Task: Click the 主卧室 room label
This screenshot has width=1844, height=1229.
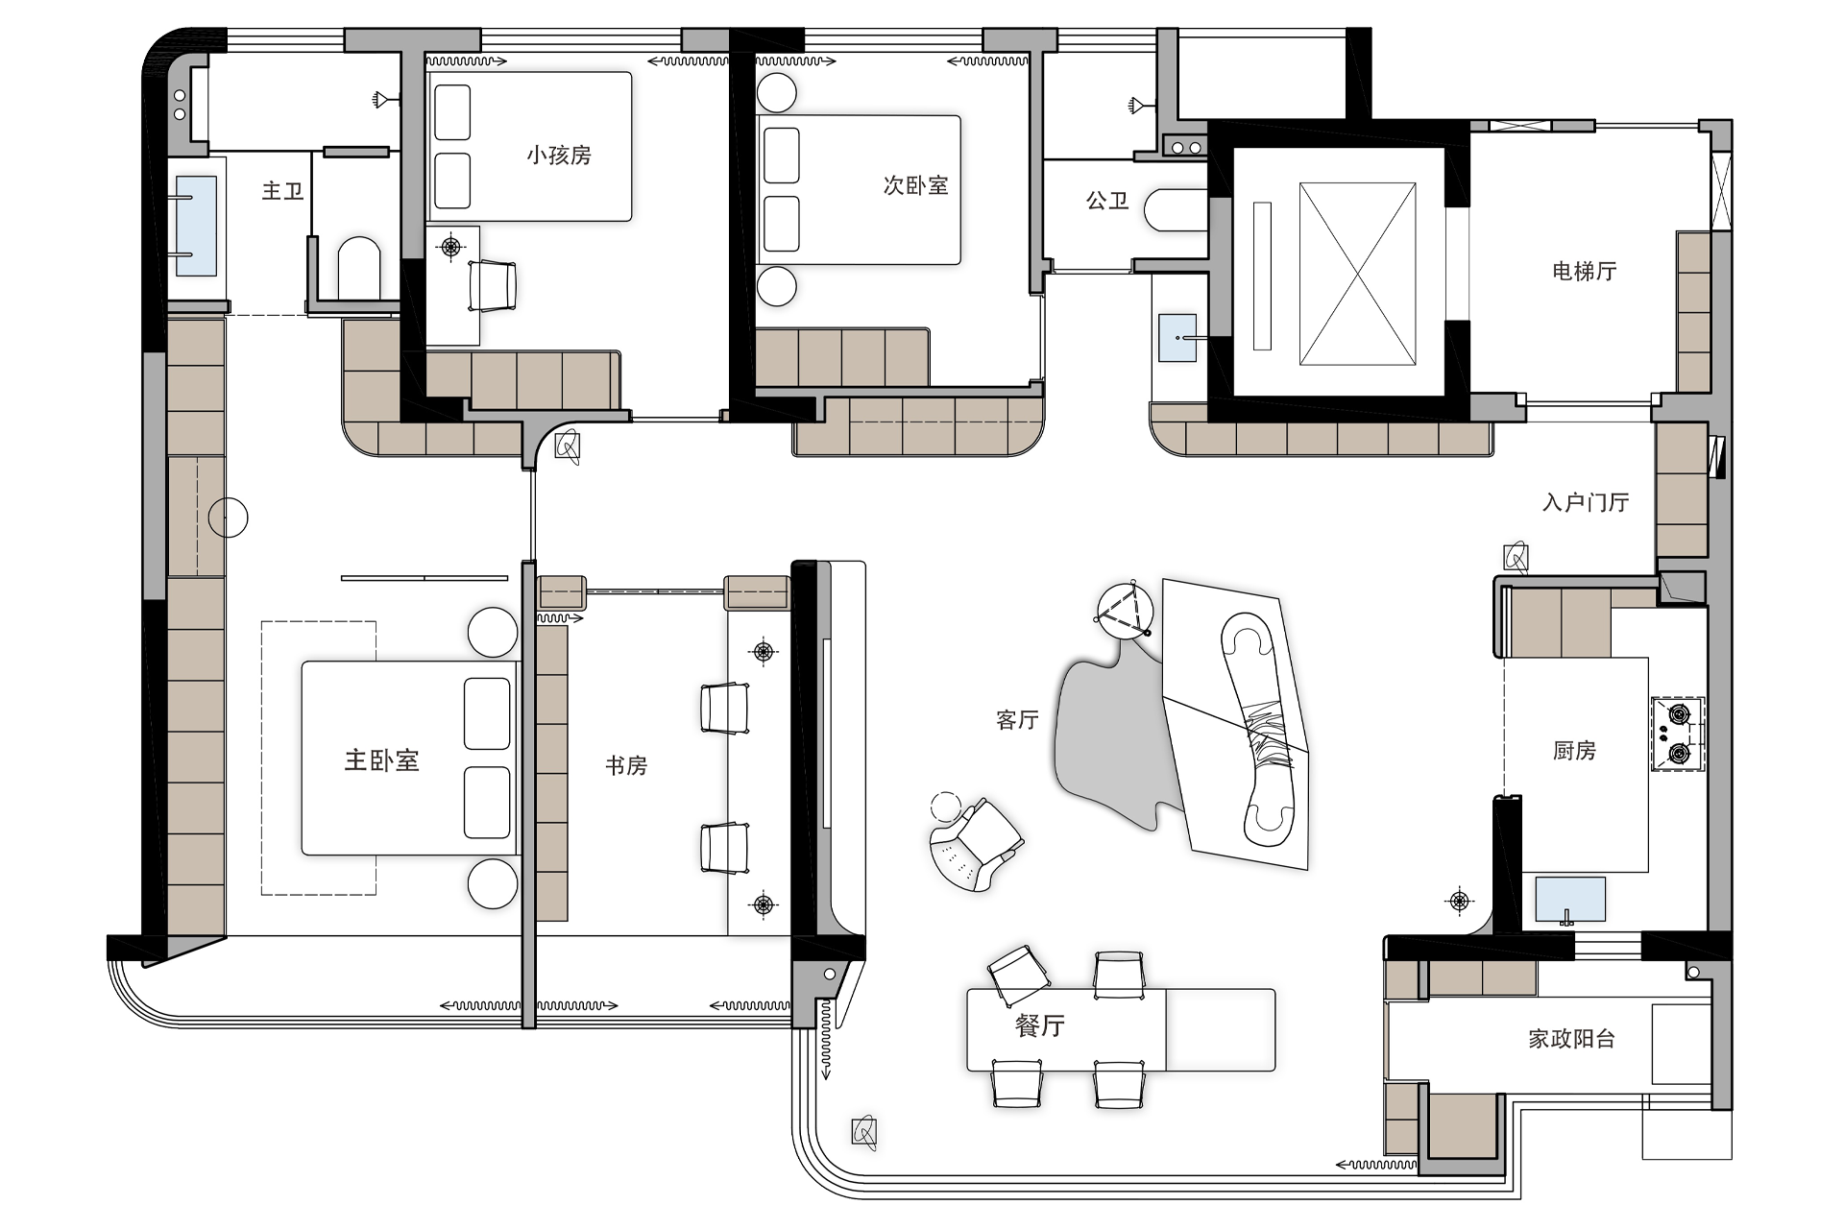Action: tap(381, 761)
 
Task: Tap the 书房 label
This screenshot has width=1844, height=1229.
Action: tap(626, 765)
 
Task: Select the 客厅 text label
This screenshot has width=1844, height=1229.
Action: tap(1017, 719)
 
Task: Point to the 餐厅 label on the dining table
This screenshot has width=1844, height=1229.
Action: tap(1039, 1025)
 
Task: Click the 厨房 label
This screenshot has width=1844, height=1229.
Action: tap(1574, 751)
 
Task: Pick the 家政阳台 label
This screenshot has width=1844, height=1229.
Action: tap(1571, 1038)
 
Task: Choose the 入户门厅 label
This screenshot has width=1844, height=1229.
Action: tap(1586, 502)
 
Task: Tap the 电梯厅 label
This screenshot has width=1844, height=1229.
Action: tap(1585, 272)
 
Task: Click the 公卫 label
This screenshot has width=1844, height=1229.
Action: tap(1106, 201)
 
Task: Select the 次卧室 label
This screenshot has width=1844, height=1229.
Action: tap(915, 185)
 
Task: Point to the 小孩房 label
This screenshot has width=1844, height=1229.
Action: tap(559, 155)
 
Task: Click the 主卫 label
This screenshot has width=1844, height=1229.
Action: tap(282, 191)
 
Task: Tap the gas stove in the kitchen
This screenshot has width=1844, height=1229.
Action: tap(1678, 734)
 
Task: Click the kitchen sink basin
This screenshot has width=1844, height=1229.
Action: tap(1569, 900)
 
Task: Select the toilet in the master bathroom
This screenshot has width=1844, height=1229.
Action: tap(359, 268)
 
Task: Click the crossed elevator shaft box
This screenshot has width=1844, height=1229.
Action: tap(1357, 274)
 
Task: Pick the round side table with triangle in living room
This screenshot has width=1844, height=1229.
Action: tap(1125, 610)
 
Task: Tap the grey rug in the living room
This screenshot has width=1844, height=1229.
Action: tap(1119, 739)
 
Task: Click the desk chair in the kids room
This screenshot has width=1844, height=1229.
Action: tap(493, 286)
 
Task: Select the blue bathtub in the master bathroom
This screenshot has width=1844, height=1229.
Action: tap(196, 226)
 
